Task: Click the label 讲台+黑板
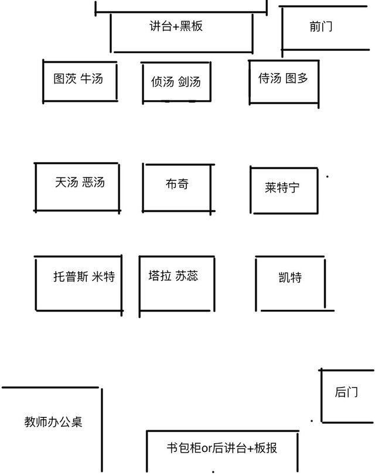[x=176, y=26]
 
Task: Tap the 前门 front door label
[x=321, y=26]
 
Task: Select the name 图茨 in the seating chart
[x=64, y=78]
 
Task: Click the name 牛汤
[x=92, y=78]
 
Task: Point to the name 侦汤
[x=162, y=81]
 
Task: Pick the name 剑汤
[x=189, y=81]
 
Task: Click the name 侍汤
[x=270, y=78]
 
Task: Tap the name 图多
[x=296, y=78]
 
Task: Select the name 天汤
[x=67, y=183]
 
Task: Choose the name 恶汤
[x=94, y=183]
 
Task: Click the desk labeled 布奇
[x=177, y=184]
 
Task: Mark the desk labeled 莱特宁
[x=282, y=187]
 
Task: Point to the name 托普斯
[x=71, y=276]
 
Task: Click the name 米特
[x=104, y=276]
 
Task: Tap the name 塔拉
[x=160, y=276]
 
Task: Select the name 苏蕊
[x=186, y=276]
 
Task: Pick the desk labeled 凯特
[x=290, y=277]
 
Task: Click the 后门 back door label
[x=346, y=392]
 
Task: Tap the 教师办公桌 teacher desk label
[x=53, y=422]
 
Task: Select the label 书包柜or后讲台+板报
[x=222, y=448]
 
